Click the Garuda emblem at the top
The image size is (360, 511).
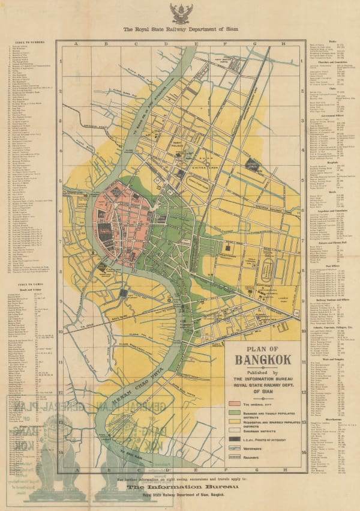179,13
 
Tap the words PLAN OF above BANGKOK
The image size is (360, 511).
263,348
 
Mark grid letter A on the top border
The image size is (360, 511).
76,43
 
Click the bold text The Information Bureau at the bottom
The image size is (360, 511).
179,488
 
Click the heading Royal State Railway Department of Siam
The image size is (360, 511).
179,29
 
